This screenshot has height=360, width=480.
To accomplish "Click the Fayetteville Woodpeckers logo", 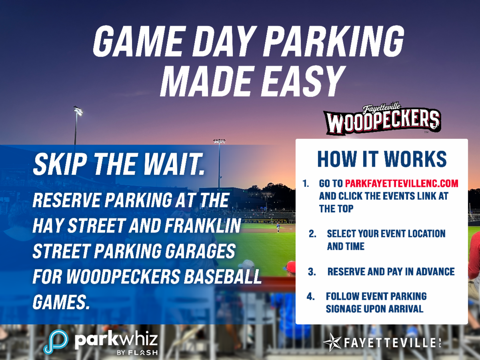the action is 382,119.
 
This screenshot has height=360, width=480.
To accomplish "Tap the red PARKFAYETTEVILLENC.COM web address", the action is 402,183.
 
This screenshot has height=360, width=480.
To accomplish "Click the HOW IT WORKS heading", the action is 382,159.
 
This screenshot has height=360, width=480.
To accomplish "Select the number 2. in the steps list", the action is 312,234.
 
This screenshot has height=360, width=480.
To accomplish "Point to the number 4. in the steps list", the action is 310,297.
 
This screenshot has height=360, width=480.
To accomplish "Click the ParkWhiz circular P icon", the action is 56,342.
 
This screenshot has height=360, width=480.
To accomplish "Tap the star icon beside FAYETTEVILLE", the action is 332,342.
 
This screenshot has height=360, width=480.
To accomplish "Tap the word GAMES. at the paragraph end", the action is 61,302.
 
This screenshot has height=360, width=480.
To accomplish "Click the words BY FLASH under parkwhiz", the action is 137,352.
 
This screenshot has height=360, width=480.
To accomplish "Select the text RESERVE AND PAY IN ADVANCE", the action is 391,272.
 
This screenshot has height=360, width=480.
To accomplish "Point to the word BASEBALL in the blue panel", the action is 223,276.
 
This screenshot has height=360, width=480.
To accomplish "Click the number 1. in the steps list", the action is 306,184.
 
